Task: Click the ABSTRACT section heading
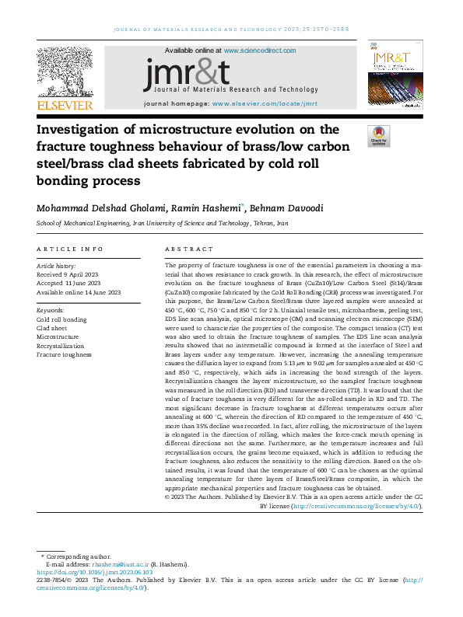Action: [188, 249]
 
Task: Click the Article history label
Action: [56, 266]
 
